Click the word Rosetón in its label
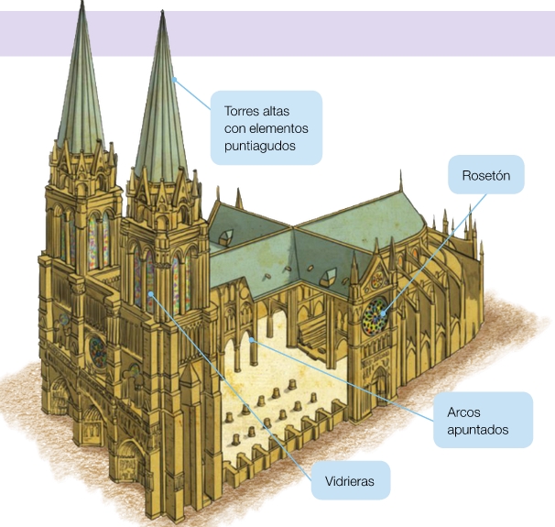[x=485, y=174]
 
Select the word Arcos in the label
[x=465, y=412]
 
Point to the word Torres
[x=243, y=110]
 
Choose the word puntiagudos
[x=260, y=145]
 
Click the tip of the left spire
[x=84, y=4]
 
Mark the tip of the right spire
[x=165, y=13]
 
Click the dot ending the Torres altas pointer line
[x=173, y=79]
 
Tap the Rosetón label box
[x=485, y=174]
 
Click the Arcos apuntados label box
[x=483, y=420]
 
